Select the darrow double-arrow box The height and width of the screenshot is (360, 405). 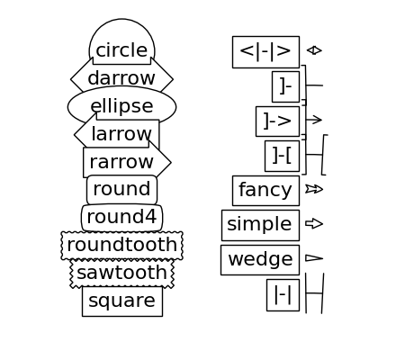coord(121,78)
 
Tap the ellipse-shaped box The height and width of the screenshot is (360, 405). coord(121,106)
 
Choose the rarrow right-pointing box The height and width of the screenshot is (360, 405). coord(127,162)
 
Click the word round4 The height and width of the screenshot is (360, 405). coord(121,217)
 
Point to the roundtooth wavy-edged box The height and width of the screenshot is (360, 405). coord(121,246)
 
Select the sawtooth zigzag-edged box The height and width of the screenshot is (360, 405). coord(121,273)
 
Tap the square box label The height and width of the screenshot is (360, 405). coord(122,301)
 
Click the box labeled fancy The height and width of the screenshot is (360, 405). coord(265,191)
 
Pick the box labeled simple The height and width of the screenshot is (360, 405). coord(260,225)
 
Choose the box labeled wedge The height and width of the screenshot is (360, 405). coord(260,260)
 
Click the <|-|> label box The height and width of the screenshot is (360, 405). coord(265,52)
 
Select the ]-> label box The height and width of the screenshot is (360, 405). coord(277,121)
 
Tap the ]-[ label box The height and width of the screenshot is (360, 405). coord(282,156)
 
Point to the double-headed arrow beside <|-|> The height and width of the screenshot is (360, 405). coord(314,50)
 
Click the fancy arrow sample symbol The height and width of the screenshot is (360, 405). coord(314,189)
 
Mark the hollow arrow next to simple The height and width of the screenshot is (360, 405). coord(314,223)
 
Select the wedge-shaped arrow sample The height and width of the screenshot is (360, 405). coord(314,258)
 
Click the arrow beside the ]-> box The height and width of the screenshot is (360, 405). coord(314,120)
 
